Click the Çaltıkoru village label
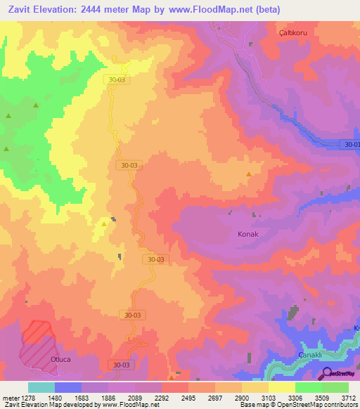click(289, 32)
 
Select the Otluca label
click(61, 358)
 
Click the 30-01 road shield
click(351, 145)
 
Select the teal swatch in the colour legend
click(41, 387)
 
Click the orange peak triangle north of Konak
click(248, 174)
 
